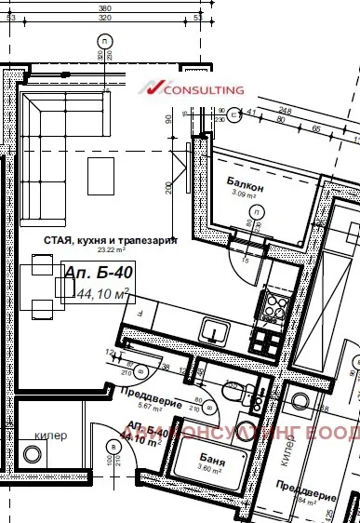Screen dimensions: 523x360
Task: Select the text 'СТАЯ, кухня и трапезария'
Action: click(111, 239)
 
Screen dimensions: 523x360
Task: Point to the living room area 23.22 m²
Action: click(126, 249)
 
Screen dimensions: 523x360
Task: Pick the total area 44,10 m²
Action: click(102, 293)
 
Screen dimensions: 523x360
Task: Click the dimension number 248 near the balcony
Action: click(285, 112)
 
